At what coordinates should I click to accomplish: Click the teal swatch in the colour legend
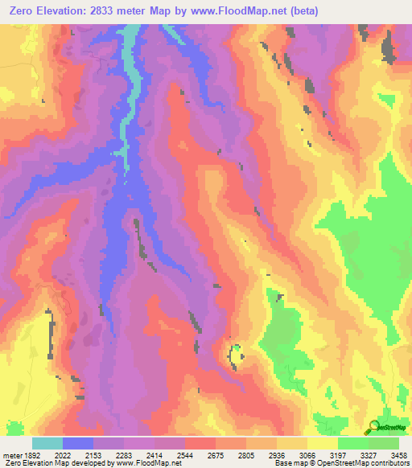(47, 443)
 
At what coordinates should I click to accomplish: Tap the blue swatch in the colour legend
(77, 443)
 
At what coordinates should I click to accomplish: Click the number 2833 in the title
(120, 11)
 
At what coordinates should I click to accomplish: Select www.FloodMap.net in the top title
(241, 11)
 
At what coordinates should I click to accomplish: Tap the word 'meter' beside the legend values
(10, 454)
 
